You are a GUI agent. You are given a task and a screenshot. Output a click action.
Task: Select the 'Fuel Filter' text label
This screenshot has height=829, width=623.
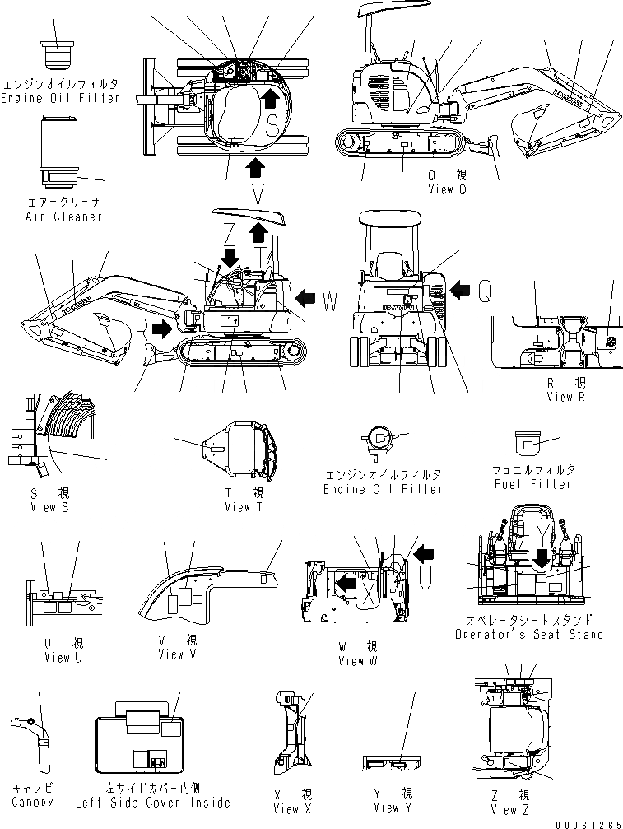[532, 484]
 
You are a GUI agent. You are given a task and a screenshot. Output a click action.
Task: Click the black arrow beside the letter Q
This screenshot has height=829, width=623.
[460, 287]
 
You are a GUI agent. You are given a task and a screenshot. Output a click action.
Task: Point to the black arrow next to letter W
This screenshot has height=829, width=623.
[305, 295]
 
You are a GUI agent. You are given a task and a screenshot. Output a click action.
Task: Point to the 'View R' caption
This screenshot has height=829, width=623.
[565, 397]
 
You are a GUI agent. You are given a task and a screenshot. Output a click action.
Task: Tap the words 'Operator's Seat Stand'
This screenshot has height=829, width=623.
[540, 634]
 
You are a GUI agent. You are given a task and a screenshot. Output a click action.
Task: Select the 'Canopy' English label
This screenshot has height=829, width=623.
[33, 802]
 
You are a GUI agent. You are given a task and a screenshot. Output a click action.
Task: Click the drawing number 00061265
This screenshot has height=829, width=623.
[588, 822]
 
